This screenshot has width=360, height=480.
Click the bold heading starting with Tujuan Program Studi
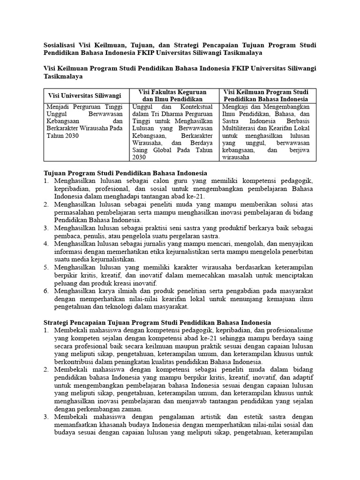click(x=125, y=173)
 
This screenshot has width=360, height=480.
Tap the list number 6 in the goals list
click(x=46, y=291)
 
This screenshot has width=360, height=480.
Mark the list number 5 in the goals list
click(x=46, y=267)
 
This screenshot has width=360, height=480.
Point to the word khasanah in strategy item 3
click(x=109, y=425)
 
